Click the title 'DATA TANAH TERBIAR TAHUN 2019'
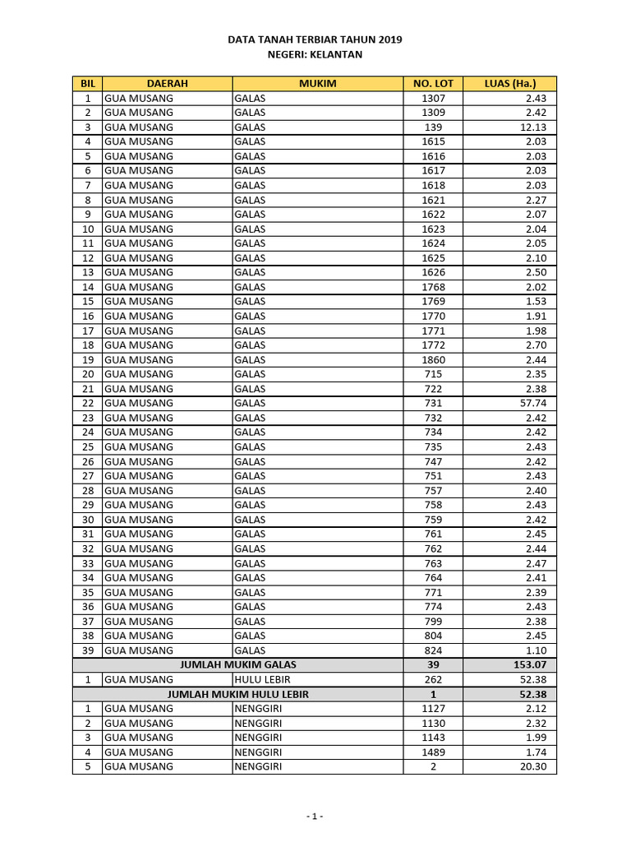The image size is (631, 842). click(x=315, y=39)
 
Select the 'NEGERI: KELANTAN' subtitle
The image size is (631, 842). click(x=315, y=54)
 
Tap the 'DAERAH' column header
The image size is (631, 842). click(x=168, y=84)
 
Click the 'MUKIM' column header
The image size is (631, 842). click(x=317, y=84)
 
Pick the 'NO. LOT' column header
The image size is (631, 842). click(x=433, y=84)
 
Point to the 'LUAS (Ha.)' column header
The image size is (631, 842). click(x=510, y=84)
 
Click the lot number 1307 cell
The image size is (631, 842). click(x=433, y=98)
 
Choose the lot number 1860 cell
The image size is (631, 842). click(x=433, y=359)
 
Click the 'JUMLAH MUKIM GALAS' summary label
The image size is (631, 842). click(x=238, y=664)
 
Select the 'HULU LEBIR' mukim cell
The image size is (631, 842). click(x=262, y=679)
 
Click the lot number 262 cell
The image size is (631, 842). click(x=433, y=679)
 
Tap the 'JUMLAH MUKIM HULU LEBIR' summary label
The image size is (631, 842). click(x=238, y=694)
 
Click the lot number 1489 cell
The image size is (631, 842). click(x=433, y=752)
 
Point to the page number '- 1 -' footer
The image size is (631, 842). click(x=315, y=817)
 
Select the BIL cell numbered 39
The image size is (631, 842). click(x=88, y=650)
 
